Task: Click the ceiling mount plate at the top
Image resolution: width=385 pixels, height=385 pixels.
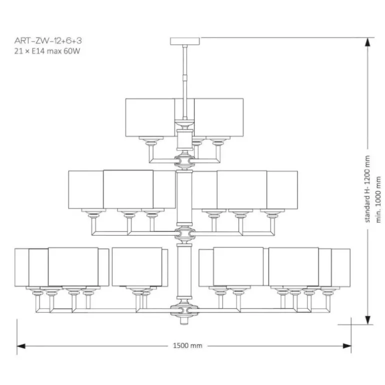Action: (x=185, y=40)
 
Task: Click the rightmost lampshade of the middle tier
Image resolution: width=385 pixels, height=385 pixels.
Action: (x=282, y=189)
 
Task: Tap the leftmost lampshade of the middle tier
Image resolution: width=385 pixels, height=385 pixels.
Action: (x=85, y=189)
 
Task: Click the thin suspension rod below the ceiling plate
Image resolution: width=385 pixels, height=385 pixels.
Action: (x=185, y=70)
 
